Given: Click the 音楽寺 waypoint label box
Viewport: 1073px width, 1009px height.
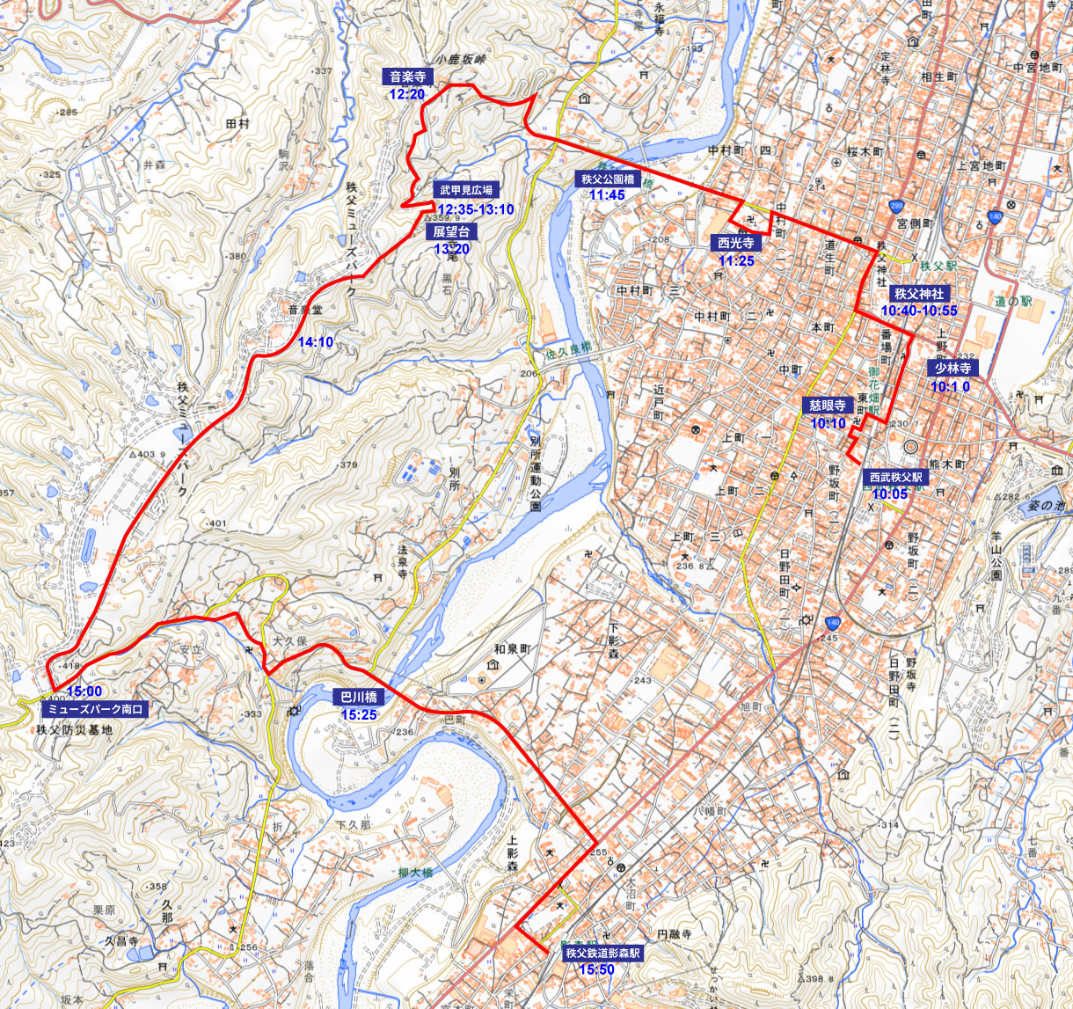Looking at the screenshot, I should tap(408, 77).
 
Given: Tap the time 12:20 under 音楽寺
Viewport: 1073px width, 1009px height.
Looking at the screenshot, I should tap(406, 94).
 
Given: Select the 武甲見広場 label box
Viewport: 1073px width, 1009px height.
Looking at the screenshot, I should tap(467, 189).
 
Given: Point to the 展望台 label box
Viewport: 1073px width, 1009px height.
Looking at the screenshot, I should tap(452, 231).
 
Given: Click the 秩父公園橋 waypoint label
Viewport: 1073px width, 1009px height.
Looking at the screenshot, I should tap(607, 179).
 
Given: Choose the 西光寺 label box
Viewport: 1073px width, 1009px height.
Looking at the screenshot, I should tap(736, 243).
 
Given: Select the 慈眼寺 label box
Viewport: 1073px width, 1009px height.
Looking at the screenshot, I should tap(828, 406).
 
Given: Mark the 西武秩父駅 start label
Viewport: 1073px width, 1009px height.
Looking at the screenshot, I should tap(895, 477).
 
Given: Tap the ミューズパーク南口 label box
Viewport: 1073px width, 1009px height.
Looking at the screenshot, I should tap(94, 708).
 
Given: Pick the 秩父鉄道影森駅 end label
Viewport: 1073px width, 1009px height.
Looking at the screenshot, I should tap(602, 953).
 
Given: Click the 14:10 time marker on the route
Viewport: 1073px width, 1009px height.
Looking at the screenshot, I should tap(316, 342).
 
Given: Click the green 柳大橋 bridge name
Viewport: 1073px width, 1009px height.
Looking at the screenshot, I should tap(415, 873).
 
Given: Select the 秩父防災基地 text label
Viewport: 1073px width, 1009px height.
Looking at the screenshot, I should tap(75, 729).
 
